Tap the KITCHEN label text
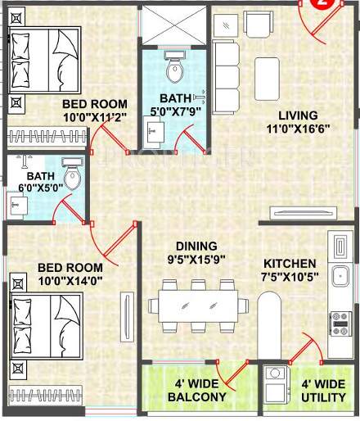[x=290, y=264]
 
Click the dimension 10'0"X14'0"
[x=70, y=282]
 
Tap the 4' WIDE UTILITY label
[x=323, y=390]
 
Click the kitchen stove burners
[x=338, y=320]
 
